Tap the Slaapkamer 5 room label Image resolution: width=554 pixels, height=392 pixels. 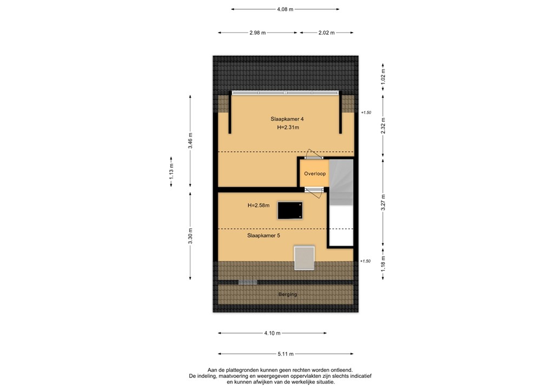[x=263, y=236]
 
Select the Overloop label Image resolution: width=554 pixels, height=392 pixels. [x=314, y=174]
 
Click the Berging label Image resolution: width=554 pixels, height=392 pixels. [x=287, y=294]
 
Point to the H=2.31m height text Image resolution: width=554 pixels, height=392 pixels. [x=288, y=128]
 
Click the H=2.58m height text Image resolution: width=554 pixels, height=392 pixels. [x=259, y=205]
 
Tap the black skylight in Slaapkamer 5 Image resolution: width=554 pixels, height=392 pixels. [x=290, y=210]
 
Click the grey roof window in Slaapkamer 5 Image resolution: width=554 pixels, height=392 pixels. [x=304, y=257]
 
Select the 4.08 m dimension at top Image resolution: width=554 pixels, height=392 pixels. [x=285, y=9]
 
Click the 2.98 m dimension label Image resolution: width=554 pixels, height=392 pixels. [x=258, y=33]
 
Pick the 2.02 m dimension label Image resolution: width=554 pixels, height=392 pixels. [x=326, y=33]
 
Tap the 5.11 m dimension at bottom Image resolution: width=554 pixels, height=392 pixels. [x=285, y=354]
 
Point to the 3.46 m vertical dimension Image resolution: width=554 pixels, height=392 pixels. [x=190, y=141]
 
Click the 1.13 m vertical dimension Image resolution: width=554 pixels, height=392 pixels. [x=171, y=172]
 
